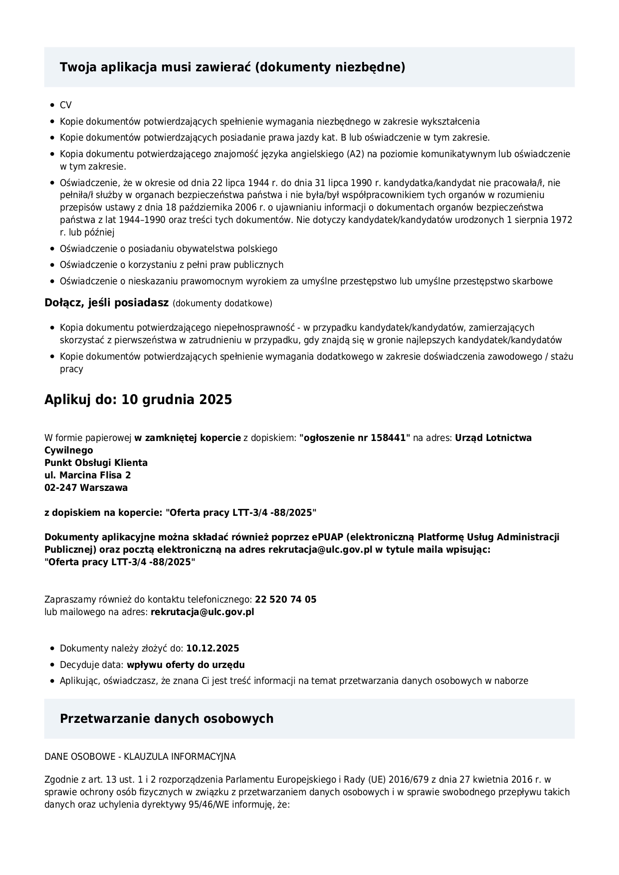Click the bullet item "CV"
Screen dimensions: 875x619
[65, 105]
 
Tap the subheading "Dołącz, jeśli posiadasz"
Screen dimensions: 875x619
[106, 303]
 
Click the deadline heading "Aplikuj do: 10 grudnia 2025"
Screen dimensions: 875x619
[138, 400]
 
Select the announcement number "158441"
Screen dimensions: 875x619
[389, 438]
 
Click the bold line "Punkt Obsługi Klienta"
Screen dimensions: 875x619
[96, 463]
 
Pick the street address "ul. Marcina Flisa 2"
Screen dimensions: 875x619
[88, 475]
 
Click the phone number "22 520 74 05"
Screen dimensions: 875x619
[285, 600]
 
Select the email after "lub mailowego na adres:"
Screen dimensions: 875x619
[202, 612]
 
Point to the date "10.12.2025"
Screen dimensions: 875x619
[212, 649]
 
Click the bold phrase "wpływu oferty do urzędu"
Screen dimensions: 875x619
[186, 665]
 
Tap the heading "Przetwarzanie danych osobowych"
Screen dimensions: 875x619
[167, 719]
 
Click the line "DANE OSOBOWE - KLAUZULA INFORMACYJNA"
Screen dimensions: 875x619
[140, 757]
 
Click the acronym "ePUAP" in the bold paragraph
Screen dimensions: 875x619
[327, 537]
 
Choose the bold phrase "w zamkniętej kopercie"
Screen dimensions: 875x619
[188, 438]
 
